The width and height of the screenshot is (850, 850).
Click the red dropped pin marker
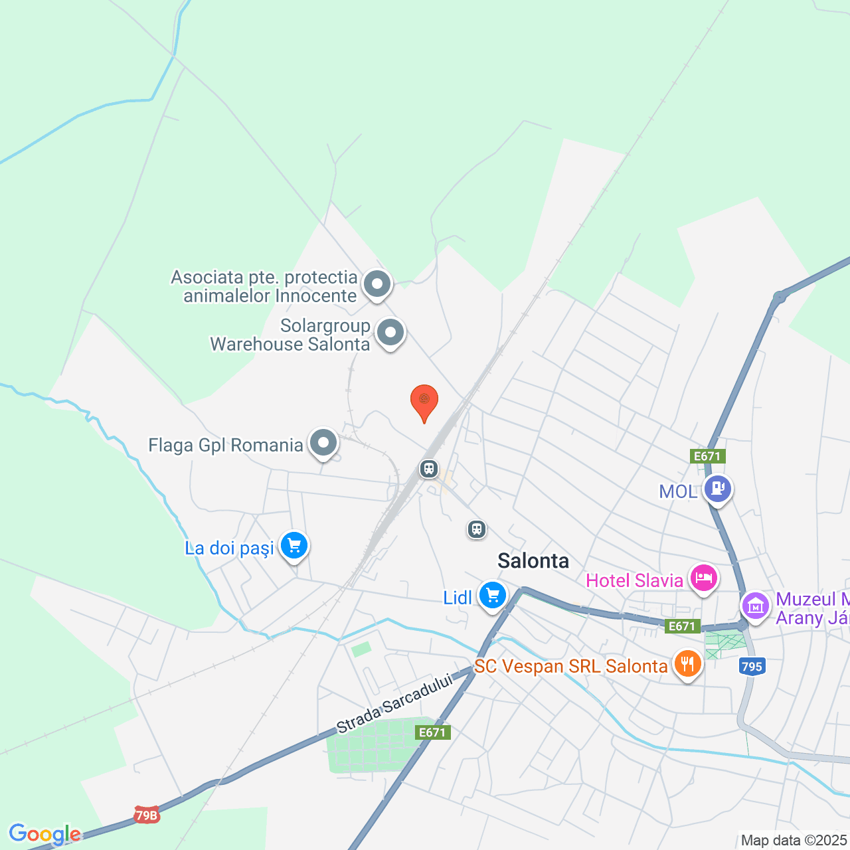424,400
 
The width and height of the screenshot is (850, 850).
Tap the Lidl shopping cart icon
492,595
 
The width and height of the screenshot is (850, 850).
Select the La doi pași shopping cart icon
294,546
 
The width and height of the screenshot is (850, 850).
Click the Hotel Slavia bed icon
703,578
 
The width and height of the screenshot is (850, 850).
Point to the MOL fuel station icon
717,489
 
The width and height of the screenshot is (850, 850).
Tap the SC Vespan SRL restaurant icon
687,663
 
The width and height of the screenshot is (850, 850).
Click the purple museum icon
755,606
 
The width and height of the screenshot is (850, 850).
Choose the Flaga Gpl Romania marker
323,442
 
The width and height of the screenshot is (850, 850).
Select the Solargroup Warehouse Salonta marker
390,332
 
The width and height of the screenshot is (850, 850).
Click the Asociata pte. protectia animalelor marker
377,284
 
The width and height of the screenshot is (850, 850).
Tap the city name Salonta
533,561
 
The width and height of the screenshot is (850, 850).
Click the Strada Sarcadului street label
394,703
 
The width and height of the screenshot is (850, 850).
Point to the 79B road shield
147,815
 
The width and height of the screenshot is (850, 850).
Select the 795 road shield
752,666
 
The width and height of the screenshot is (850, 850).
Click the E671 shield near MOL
707,456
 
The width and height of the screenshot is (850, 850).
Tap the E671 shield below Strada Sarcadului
432,732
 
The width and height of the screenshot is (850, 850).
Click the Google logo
44,834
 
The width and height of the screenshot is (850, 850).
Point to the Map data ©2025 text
794,841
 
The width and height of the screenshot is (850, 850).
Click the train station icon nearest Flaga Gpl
429,469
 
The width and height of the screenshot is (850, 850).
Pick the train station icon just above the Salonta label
476,529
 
